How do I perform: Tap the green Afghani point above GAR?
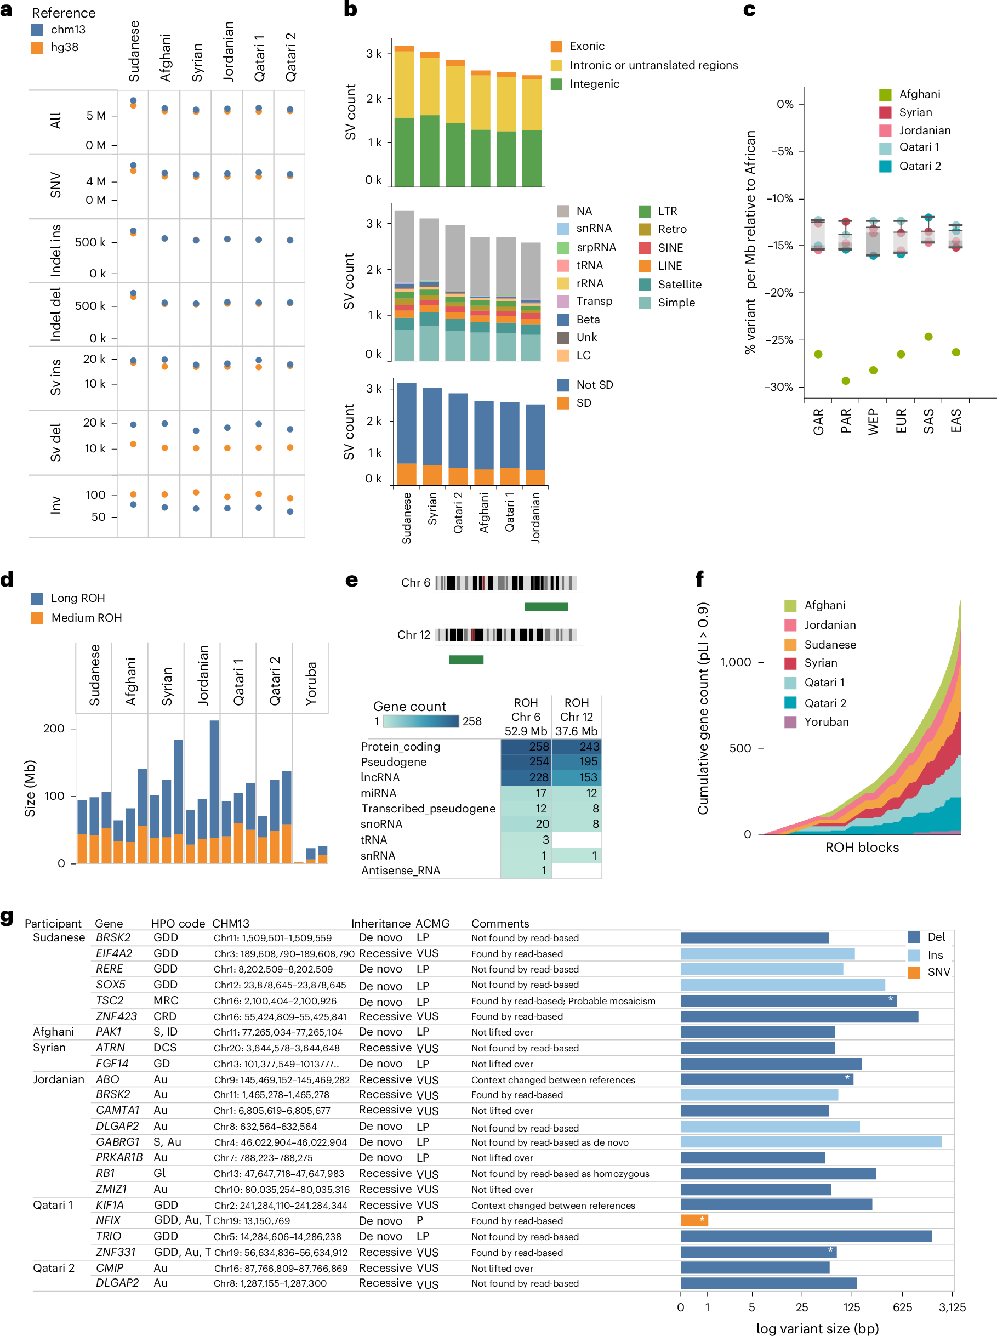coord(818,354)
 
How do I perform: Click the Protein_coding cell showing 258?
coord(526,747)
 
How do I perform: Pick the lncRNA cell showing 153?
coord(577,777)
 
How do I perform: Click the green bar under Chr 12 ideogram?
coord(466,660)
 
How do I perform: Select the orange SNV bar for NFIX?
coord(694,1221)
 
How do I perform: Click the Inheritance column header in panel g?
coord(380,924)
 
